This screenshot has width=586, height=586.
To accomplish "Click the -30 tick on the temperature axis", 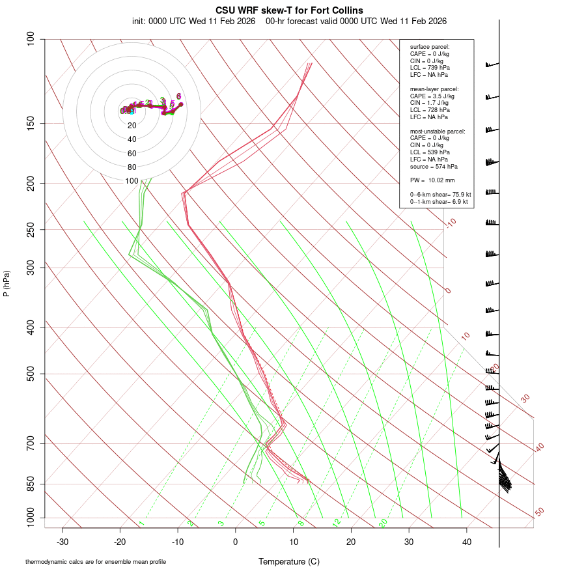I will click(63, 541).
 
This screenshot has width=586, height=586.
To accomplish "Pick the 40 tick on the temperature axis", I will click(467, 541).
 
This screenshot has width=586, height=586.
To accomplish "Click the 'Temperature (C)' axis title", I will click(289, 561).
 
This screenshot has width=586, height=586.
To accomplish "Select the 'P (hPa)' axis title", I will click(7, 284).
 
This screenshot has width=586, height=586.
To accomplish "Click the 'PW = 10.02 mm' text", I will click(432, 180).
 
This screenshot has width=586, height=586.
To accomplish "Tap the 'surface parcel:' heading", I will click(430, 47).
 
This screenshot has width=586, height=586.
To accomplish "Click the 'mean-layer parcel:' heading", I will click(434, 89).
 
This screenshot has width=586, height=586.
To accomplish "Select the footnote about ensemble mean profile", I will click(96, 561).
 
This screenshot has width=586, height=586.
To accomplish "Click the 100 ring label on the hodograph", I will click(132, 181).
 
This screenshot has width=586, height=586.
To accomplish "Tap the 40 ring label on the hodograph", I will click(132, 139).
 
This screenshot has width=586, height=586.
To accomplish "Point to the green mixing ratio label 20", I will click(384, 523).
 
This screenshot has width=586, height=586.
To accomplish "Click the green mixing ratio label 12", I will click(337, 523).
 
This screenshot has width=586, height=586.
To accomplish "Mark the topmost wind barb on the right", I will click(492, 64).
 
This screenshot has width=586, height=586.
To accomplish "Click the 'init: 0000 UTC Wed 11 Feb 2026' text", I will click(195, 21).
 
